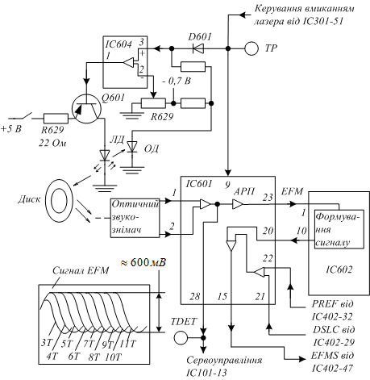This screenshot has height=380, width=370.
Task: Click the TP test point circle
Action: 252,48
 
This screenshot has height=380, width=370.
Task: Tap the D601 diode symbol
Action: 198,48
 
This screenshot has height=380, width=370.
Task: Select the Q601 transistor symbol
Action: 86,109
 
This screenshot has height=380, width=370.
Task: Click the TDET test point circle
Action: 181,337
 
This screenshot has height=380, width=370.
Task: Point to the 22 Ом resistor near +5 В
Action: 56,119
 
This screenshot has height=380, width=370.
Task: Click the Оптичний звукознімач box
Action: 135,218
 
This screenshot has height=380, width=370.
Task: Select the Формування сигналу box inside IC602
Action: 339,229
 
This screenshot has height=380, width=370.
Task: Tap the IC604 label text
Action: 118,44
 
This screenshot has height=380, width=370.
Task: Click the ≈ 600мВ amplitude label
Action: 143,262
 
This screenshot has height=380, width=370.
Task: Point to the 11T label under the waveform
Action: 128,344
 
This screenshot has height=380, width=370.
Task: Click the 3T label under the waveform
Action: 46,343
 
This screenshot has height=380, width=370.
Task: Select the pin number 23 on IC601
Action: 268,198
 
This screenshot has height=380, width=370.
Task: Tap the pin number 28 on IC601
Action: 194,296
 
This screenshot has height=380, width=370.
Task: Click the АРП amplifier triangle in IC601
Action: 237,204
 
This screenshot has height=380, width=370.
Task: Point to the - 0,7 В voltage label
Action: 176,81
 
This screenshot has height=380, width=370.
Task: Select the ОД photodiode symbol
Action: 131,147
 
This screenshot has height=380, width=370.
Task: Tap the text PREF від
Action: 332,304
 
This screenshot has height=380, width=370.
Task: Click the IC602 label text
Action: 339,269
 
